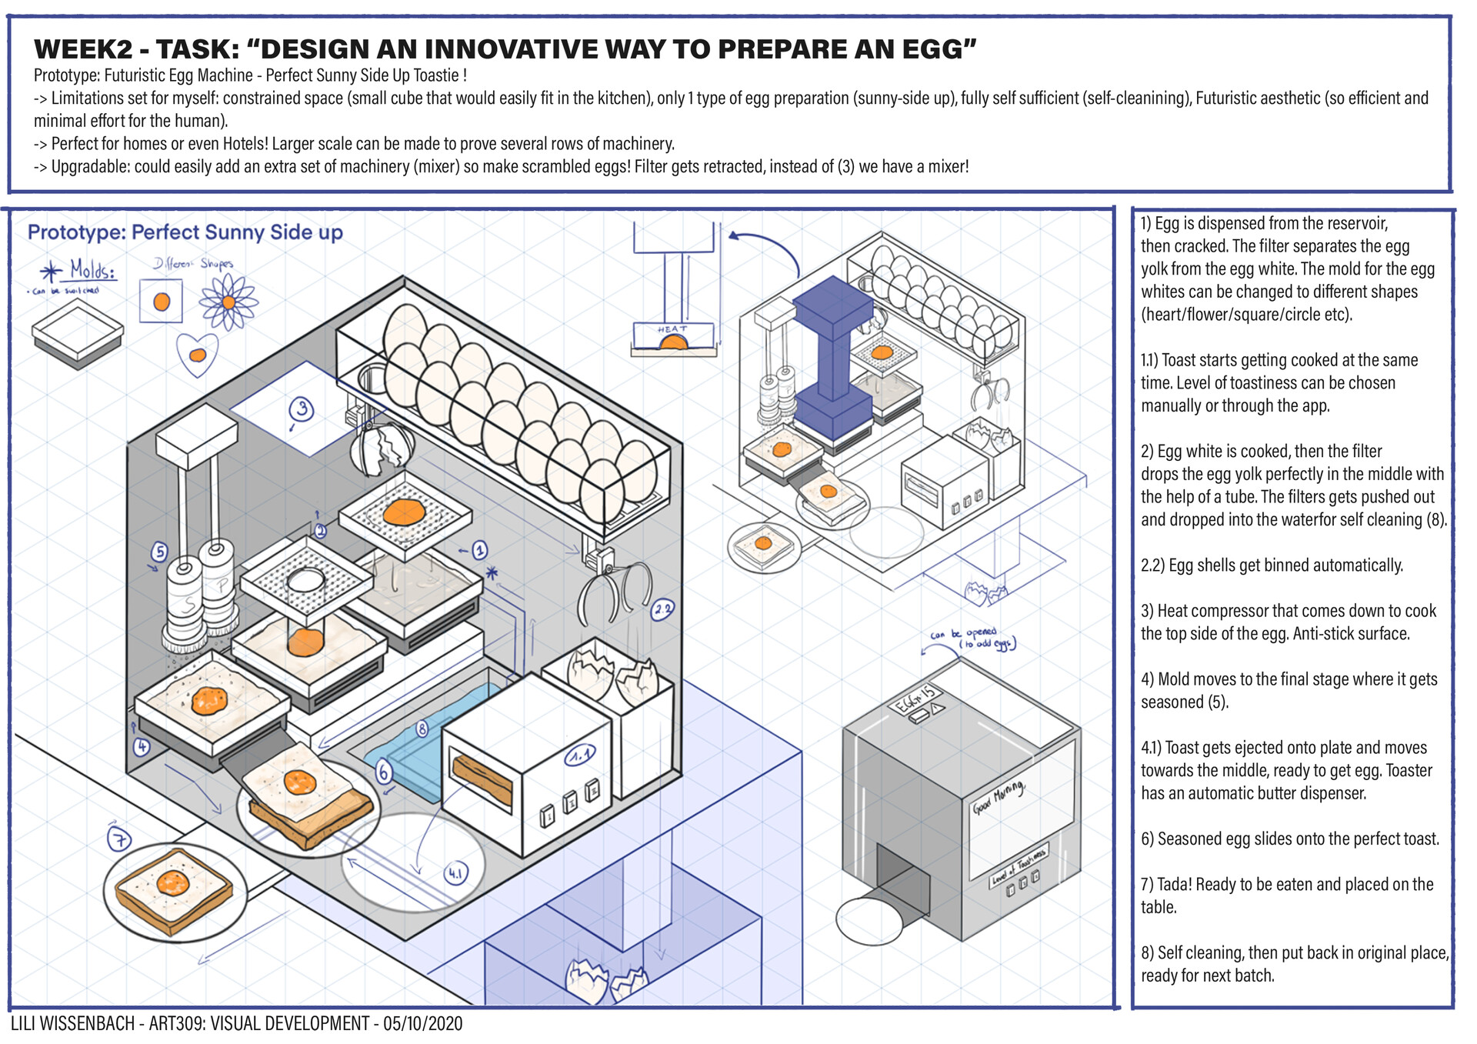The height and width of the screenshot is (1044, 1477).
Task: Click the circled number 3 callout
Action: click(x=302, y=409)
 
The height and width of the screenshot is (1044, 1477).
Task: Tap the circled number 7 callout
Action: click(x=119, y=839)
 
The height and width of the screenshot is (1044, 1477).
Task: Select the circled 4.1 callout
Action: click(x=456, y=873)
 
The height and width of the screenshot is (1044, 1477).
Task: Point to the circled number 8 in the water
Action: click(x=422, y=729)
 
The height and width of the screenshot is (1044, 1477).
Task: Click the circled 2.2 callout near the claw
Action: click(x=662, y=610)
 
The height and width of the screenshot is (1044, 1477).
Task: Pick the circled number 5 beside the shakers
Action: click(x=159, y=552)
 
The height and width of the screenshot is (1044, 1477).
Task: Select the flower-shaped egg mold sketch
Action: click(x=228, y=302)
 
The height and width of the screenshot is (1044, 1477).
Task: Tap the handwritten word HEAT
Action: click(x=672, y=329)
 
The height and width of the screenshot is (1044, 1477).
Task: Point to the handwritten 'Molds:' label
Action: click(x=93, y=270)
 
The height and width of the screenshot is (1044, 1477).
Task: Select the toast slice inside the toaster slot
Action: click(x=482, y=778)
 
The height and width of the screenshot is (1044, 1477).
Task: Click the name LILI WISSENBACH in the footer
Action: click(x=74, y=1023)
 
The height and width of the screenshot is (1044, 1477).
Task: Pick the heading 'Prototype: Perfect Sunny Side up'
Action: click(x=185, y=232)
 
